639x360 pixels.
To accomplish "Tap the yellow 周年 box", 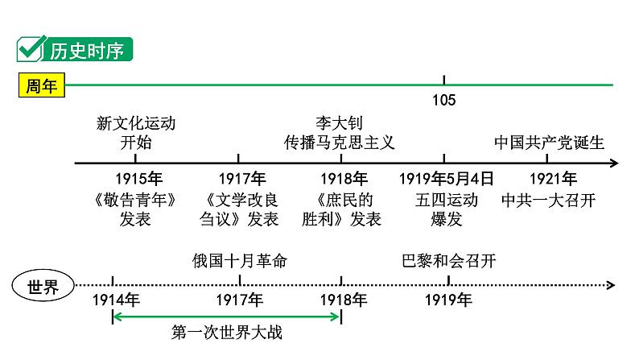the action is click(41, 86).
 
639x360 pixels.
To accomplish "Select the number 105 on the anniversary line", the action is click(443, 100).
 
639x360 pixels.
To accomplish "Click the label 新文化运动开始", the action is click(135, 133).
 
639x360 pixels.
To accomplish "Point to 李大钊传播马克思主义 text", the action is click(339, 133).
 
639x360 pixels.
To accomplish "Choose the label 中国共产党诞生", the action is click(549, 143).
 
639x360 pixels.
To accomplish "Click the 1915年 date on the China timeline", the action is click(138, 179).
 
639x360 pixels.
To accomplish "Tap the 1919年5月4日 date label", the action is click(447, 179).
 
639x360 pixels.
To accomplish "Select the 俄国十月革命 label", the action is click(240, 261).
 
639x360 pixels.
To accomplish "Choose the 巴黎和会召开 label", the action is click(448, 261).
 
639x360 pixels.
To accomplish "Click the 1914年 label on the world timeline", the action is click(116, 300).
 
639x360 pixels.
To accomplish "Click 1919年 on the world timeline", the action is click(448, 300).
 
